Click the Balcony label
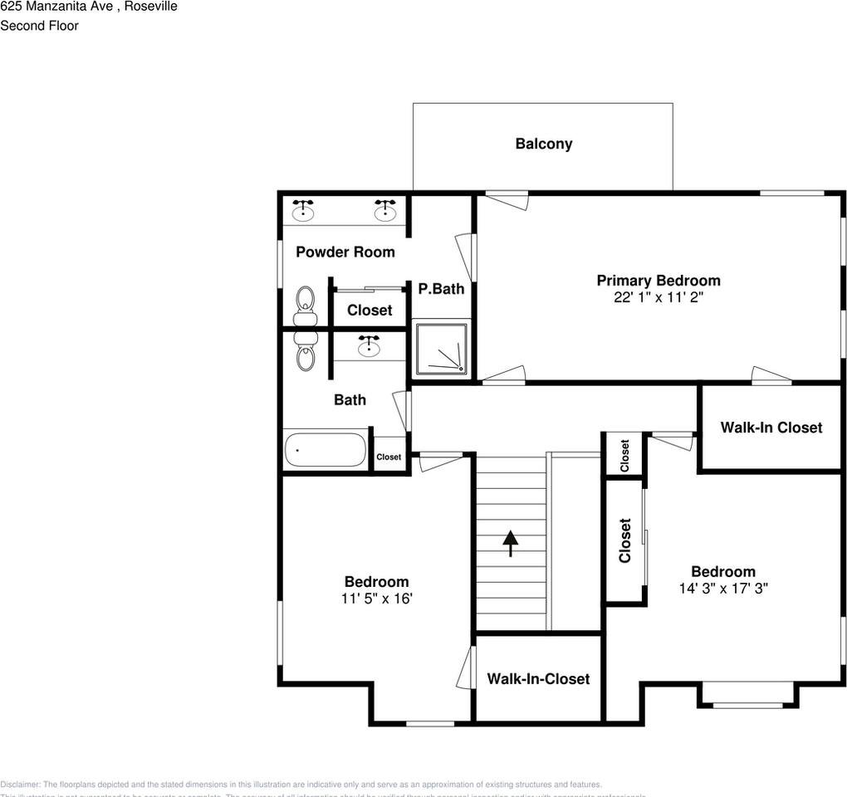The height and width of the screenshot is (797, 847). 543,144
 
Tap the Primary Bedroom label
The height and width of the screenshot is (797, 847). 659,281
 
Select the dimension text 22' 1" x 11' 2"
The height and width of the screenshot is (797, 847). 659,297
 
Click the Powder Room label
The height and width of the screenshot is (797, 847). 345,252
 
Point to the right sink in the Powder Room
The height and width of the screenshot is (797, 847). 385,211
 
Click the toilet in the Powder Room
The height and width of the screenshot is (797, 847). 305,306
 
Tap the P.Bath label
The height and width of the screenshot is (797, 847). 441,289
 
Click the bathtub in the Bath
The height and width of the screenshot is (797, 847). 325,450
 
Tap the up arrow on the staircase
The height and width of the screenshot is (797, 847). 511,543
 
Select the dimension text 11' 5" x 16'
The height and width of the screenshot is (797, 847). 376,598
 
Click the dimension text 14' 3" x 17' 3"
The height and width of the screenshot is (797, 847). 723,588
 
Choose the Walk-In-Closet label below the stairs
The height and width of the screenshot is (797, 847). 538,678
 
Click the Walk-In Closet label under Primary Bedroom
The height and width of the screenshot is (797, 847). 771,428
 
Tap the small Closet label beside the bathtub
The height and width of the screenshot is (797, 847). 389,457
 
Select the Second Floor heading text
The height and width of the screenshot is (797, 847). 39,26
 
